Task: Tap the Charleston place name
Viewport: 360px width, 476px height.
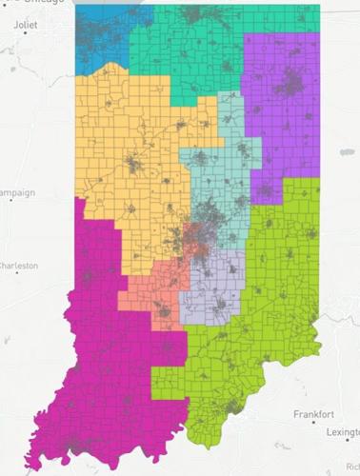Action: (19, 266)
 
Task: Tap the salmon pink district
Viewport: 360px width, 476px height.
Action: (148, 286)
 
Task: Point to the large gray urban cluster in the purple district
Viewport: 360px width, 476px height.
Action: (286, 89)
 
